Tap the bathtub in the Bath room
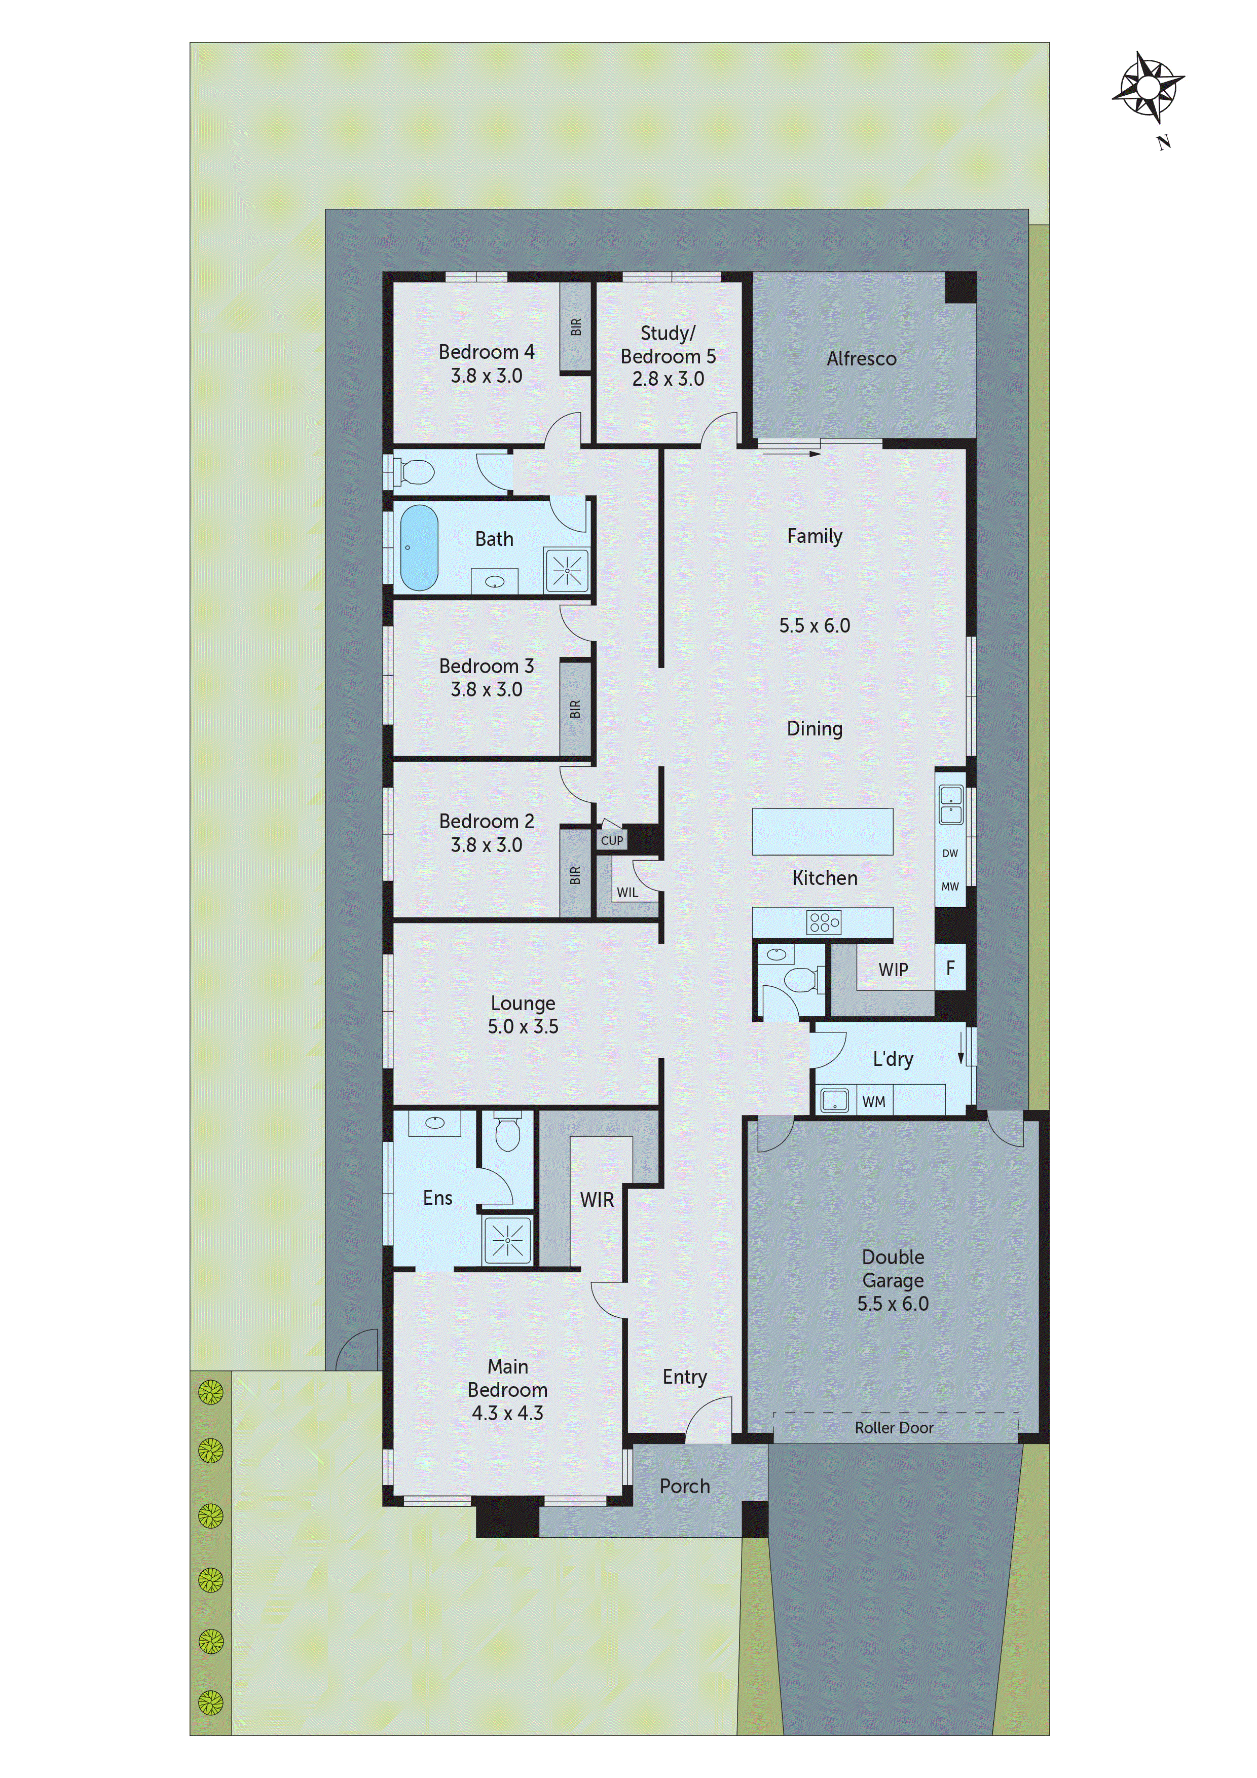(419, 547)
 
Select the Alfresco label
(861, 358)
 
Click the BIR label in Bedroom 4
(575, 327)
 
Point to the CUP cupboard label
(612, 840)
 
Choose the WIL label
(627, 892)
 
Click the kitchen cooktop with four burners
(823, 922)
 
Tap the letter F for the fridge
(950, 967)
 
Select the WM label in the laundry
(874, 1102)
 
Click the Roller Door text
(894, 1428)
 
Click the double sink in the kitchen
(950, 804)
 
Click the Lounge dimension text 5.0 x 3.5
(523, 1026)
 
